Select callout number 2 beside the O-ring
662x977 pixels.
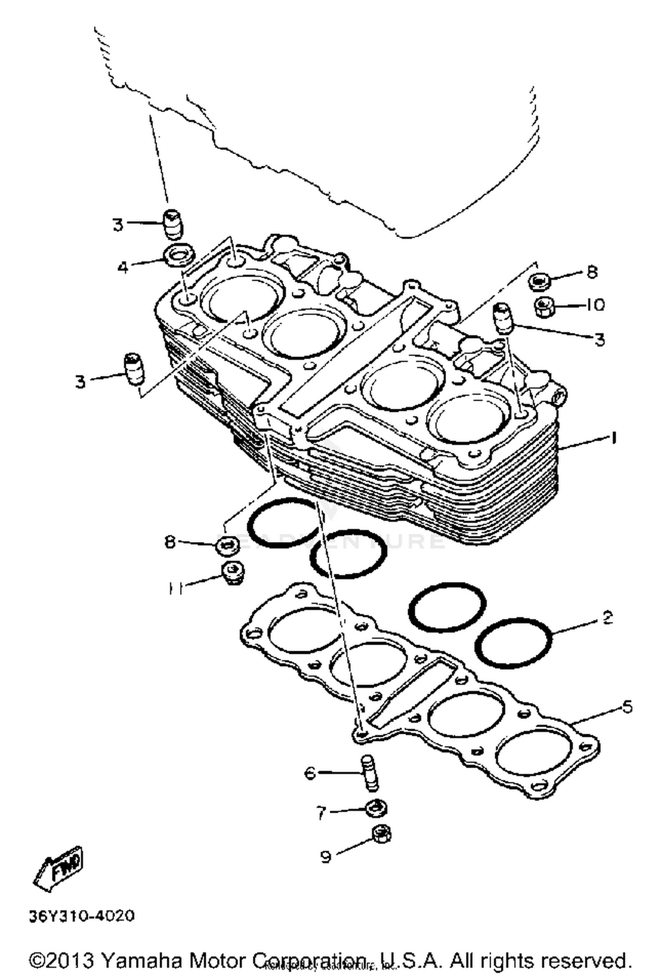click(608, 618)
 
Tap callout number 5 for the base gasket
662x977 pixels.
click(627, 707)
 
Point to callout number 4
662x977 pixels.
click(123, 267)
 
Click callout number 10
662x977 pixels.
click(595, 305)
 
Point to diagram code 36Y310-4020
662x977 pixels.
click(82, 916)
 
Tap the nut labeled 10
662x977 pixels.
click(545, 306)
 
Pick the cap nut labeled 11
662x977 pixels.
click(233, 573)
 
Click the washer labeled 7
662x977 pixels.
click(376, 808)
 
